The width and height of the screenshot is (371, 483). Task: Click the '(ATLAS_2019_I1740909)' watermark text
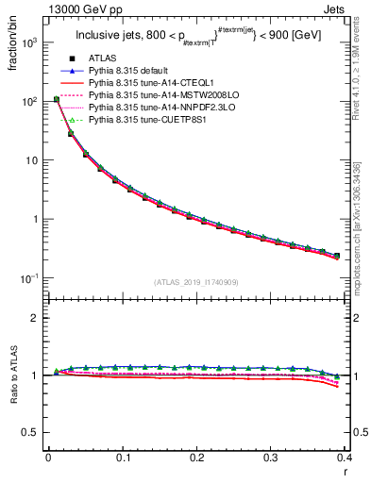(x=196, y=282)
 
